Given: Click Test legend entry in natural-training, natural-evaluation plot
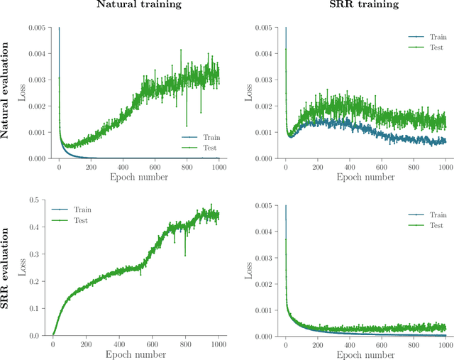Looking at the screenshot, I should click(x=208, y=148).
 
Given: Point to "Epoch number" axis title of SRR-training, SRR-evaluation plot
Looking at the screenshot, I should click(x=363, y=354).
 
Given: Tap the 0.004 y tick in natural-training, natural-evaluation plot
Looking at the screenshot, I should click(x=34, y=54).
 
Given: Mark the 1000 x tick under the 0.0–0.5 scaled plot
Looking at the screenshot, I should click(x=218, y=344).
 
